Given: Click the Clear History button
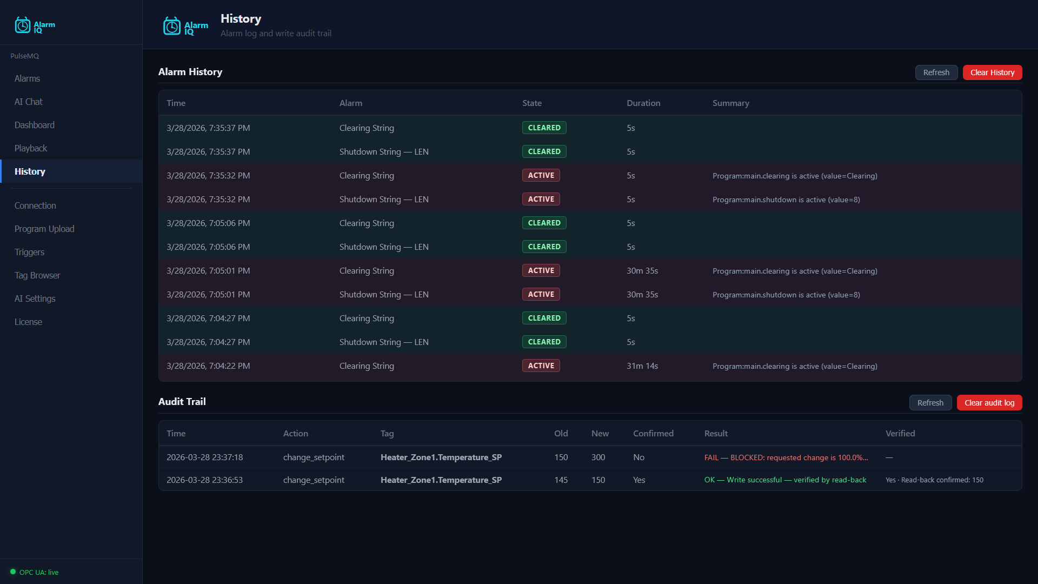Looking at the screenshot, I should (x=992, y=72).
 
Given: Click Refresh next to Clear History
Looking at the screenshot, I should (x=936, y=72).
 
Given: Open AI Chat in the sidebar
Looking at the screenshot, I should (x=28, y=102).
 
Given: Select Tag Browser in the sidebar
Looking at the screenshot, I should (x=37, y=275).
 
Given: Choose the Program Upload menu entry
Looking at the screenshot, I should (x=44, y=229).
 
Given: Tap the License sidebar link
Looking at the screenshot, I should (x=28, y=322).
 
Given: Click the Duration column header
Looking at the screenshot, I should (x=643, y=103).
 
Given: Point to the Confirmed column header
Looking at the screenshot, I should (x=653, y=433).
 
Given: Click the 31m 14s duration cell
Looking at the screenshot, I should (x=642, y=366).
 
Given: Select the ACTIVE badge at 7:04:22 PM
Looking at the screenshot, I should (x=541, y=366).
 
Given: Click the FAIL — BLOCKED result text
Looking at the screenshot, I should (x=786, y=457).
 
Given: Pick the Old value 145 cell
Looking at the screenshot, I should (x=561, y=480).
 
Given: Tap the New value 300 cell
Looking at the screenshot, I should (x=598, y=457).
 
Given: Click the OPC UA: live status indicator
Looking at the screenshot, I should (x=35, y=572).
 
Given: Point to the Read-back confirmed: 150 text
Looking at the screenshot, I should (x=942, y=480).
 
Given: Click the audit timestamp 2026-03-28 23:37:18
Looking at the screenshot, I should (x=204, y=457).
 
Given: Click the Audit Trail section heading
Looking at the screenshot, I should (x=182, y=401).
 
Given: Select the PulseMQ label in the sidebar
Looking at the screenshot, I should (x=24, y=56).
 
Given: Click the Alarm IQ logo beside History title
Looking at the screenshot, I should (x=185, y=26).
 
